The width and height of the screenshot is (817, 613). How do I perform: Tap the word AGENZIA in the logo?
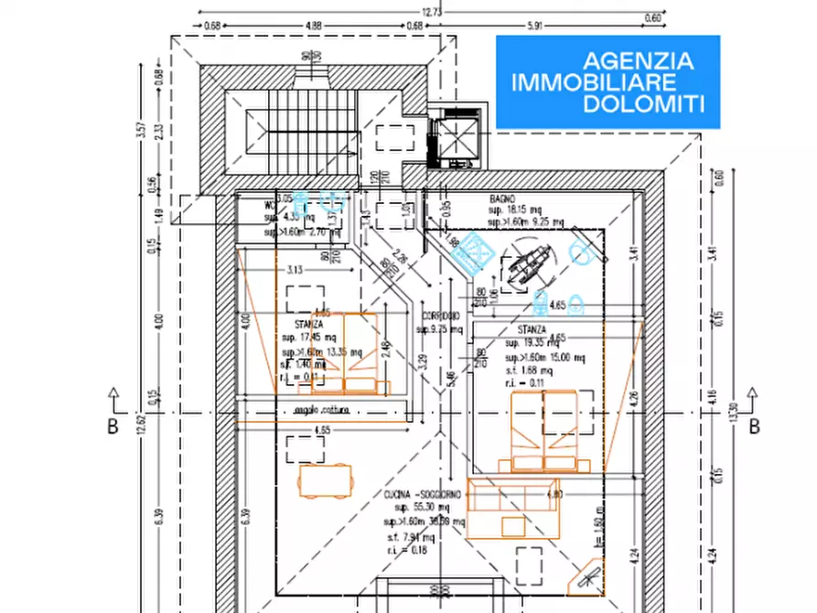(x=638, y=61)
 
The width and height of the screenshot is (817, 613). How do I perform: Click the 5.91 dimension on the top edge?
(x=535, y=26)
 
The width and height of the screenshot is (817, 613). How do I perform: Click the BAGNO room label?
(x=502, y=199)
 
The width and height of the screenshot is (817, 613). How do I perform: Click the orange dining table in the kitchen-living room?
(x=325, y=479)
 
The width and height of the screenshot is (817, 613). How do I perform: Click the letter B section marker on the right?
(x=755, y=426)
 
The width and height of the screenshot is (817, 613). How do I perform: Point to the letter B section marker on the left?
(x=113, y=426)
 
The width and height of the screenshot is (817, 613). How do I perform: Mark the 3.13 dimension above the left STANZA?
(x=295, y=270)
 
